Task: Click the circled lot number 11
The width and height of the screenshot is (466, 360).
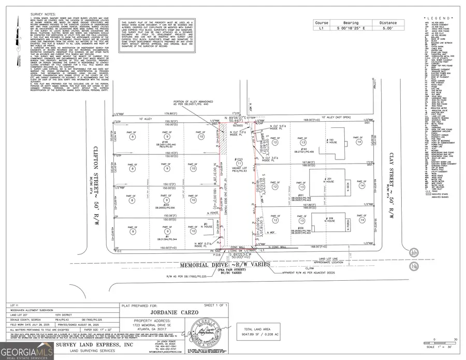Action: coord(239,163)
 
